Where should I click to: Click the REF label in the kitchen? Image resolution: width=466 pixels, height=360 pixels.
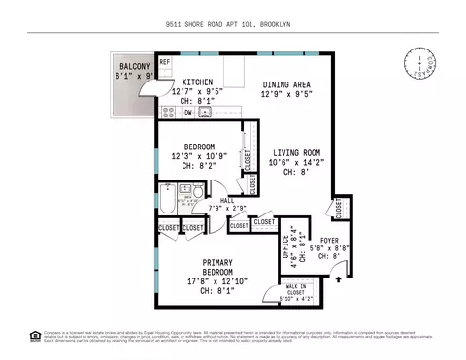click(x=165, y=62)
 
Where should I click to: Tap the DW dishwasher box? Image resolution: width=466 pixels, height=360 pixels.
click(x=187, y=113)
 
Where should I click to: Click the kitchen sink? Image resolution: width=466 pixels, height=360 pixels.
click(x=205, y=113)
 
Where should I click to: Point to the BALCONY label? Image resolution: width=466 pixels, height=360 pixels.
click(x=128, y=66)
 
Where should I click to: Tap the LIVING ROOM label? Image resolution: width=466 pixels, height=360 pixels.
click(x=296, y=153)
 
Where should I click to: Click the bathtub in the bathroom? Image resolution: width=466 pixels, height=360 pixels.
click(x=171, y=205)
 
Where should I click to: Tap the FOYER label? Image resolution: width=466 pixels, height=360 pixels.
click(x=330, y=240)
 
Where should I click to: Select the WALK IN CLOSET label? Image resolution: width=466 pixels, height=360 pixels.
click(x=295, y=289)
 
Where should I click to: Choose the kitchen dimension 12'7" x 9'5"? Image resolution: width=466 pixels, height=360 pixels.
click(x=198, y=91)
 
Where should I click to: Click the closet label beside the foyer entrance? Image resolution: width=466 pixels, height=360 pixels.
click(x=339, y=207)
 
